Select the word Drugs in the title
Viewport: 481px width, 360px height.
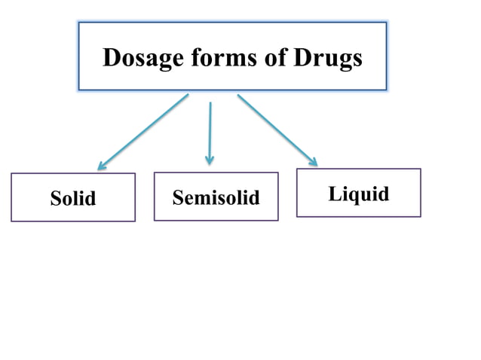[329, 58]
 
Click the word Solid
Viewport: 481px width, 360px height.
[73, 198]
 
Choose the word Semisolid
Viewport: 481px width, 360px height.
[216, 197]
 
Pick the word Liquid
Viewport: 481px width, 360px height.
[359, 194]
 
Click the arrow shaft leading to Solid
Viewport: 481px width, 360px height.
[143, 131]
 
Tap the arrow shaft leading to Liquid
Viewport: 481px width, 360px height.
[275, 128]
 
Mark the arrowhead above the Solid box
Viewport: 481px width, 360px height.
[102, 165]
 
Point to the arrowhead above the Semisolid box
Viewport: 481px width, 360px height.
[210, 160]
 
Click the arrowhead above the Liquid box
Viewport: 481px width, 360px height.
[312, 160]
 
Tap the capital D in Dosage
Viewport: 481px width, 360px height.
[112, 58]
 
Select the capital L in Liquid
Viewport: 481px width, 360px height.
[335, 194]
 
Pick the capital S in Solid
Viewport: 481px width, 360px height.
[56, 198]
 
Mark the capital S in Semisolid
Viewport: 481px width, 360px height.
[178, 197]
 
